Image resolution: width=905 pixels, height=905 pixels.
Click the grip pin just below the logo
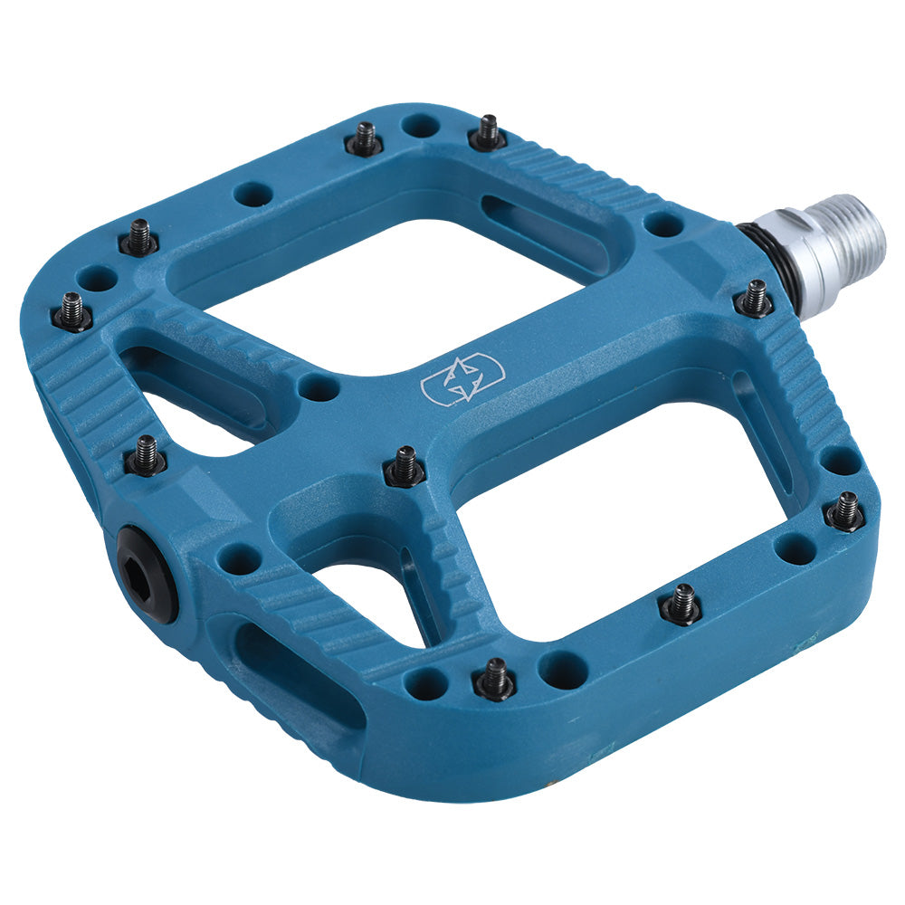click(404, 466)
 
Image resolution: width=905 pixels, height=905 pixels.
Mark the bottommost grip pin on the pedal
click(494, 678)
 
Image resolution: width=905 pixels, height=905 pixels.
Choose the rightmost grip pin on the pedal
click(846, 510)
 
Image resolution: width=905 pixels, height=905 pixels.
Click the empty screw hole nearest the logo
click(319, 387)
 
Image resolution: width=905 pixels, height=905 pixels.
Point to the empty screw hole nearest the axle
click(663, 223)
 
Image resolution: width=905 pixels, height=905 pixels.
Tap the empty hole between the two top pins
click(421, 125)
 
